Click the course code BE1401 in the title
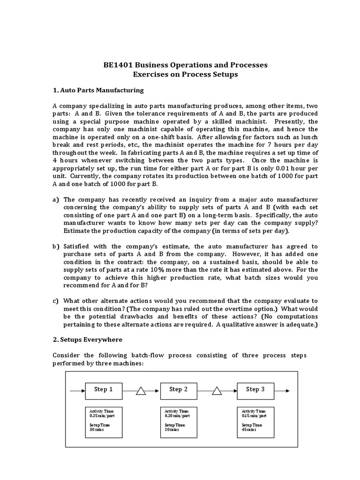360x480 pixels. [119, 65]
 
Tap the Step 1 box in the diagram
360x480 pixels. [104, 390]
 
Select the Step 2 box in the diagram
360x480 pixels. [179, 390]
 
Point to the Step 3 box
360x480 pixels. [255, 390]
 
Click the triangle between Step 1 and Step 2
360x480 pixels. [141, 391]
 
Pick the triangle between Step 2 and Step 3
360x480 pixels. [217, 391]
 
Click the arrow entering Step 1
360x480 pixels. [76, 390]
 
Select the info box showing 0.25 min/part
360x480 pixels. [104, 422]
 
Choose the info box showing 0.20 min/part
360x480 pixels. [179, 422]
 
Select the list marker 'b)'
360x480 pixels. [55, 247]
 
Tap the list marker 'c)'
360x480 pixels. [55, 301]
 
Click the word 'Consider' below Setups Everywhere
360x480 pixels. [66, 355]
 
